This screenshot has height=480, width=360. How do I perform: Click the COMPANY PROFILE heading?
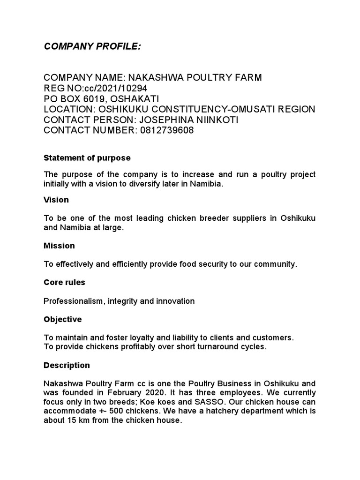92,46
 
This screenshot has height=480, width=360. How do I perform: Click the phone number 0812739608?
166,131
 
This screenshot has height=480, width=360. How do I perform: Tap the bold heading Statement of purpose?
87,157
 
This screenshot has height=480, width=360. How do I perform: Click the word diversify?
153,184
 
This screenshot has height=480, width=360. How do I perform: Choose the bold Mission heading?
59,246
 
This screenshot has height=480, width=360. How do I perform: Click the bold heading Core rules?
65,283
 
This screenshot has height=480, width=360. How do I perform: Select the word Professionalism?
74,301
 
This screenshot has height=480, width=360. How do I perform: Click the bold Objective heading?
63,319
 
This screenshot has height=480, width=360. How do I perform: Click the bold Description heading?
67,365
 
